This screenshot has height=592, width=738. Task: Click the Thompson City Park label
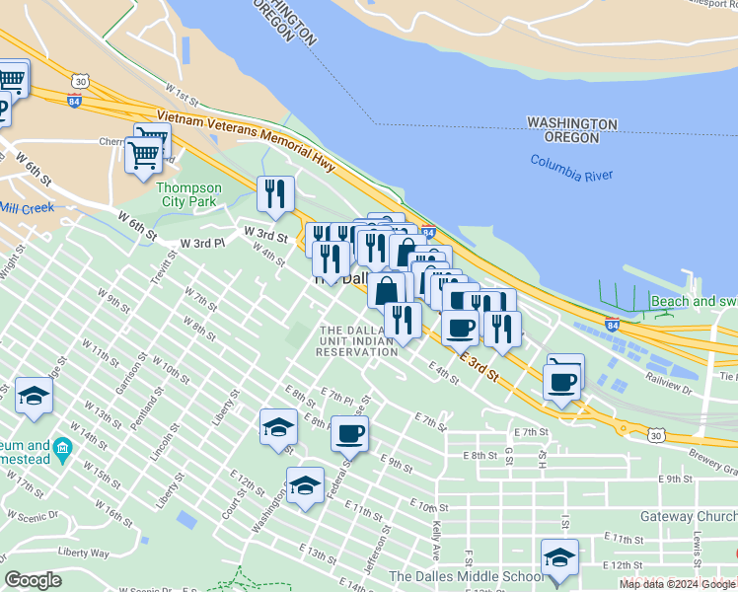pyautogui.click(x=191, y=194)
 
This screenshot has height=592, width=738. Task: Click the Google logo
pyautogui.click(x=33, y=580)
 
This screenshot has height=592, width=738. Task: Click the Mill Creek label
pyautogui.click(x=27, y=208)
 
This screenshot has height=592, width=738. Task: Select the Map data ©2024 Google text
pyautogui.click(x=678, y=584)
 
